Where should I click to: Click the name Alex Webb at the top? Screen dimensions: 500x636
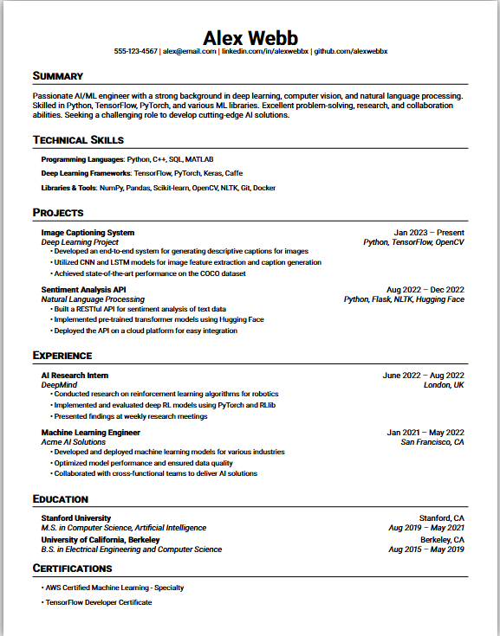250,37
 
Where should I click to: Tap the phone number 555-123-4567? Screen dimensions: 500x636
136,52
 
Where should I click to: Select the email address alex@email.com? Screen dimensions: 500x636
190,52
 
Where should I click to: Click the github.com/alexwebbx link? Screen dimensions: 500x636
350,52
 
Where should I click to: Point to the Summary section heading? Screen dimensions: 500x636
58,76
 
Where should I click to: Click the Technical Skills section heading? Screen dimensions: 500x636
78,139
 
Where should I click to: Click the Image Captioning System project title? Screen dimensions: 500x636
88,233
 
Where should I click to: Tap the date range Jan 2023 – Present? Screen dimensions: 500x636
429,233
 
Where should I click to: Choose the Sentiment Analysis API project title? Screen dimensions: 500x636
84,290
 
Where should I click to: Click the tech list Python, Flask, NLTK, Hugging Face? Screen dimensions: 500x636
404,299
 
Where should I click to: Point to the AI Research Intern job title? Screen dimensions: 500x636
75,376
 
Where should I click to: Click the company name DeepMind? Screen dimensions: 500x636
59,385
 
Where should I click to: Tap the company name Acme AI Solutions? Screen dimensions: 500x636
74,442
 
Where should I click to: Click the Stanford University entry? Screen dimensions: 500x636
76,518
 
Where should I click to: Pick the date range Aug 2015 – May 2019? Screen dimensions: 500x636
426,549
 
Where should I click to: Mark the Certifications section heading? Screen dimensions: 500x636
73,569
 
